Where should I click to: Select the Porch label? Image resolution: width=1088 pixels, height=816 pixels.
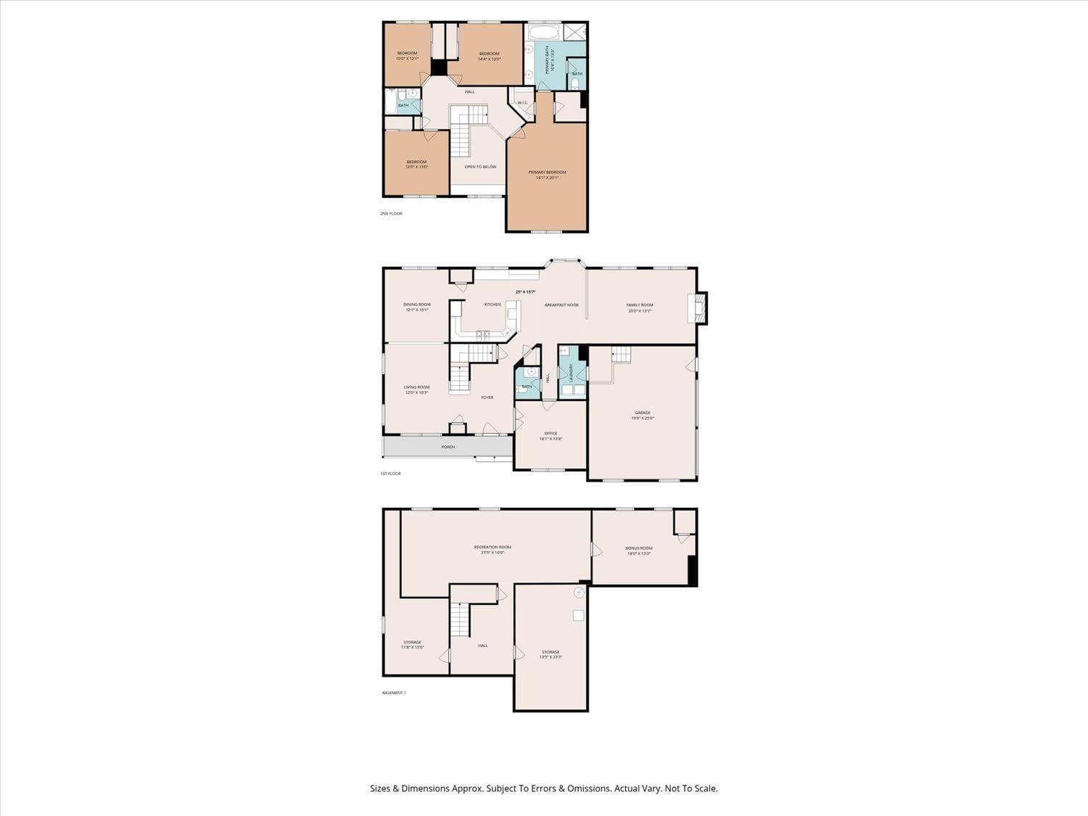(x=448, y=447)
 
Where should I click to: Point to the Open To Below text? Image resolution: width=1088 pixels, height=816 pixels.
(x=480, y=167)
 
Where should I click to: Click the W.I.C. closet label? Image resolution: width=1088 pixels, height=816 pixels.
(x=522, y=103)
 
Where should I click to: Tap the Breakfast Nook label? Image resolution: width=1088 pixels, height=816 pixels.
(x=561, y=305)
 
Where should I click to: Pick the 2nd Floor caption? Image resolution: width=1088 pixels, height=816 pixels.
(x=391, y=214)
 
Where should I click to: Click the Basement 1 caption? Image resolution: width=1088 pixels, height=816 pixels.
(x=394, y=693)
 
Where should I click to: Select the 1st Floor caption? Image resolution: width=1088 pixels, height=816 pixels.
(x=390, y=474)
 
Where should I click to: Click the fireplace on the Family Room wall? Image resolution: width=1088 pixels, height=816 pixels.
(x=701, y=308)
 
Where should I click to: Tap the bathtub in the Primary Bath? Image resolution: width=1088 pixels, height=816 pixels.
(x=543, y=33)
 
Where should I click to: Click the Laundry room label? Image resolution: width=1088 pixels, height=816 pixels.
(x=572, y=373)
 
